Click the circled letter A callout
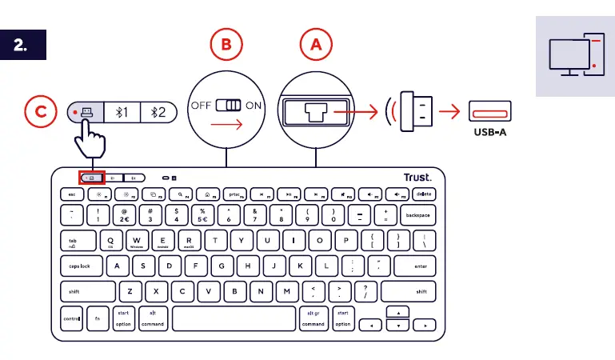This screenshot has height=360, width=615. [316, 46]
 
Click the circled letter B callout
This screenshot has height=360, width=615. [226, 46]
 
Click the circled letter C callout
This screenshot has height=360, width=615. [40, 113]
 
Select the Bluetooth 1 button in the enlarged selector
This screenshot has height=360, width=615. [122, 112]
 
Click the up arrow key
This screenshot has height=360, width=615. [397, 311]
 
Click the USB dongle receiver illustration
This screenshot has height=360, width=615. [417, 112]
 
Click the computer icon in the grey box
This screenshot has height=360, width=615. [574, 55]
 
